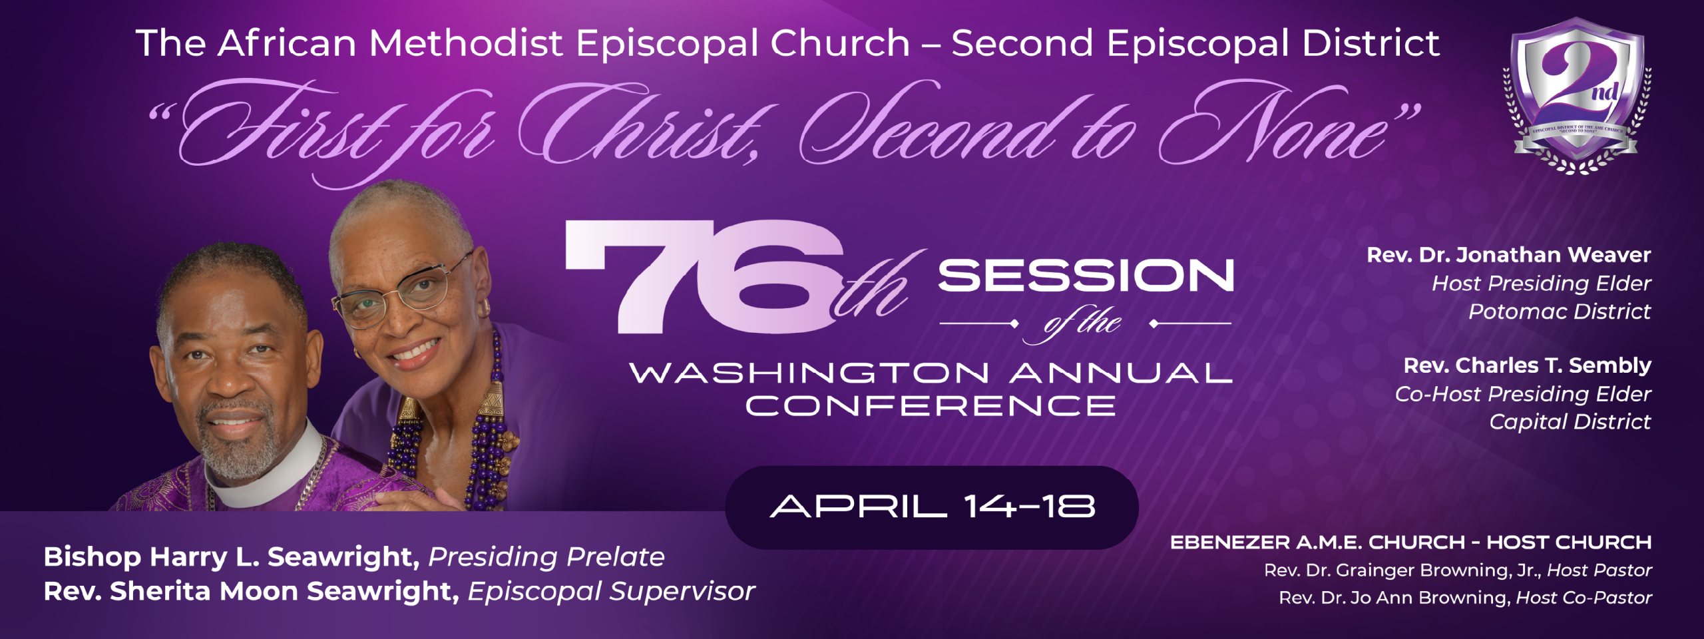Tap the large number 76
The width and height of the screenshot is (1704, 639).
click(x=699, y=276)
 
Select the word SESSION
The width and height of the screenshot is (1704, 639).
click(x=1086, y=276)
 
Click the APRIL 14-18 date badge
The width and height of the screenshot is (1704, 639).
click(x=932, y=507)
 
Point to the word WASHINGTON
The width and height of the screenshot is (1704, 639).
click(x=809, y=373)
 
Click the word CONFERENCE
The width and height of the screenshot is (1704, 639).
click(x=931, y=406)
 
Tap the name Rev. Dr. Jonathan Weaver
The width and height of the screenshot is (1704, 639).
click(x=1508, y=255)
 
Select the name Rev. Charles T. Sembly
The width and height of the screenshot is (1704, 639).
click(x=1527, y=365)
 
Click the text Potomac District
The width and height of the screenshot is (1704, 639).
click(x=1559, y=312)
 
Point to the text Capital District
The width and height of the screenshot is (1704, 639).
click(x=1570, y=422)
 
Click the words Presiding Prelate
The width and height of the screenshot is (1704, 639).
click(x=546, y=557)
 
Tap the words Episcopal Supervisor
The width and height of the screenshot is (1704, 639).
click(x=611, y=592)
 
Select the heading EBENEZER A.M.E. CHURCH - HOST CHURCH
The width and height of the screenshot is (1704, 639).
click(x=1410, y=542)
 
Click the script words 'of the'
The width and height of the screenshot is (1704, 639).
click(x=1083, y=324)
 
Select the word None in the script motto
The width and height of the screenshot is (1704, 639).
click(x=1285, y=126)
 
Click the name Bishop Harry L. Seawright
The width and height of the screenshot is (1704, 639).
click(x=231, y=557)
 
